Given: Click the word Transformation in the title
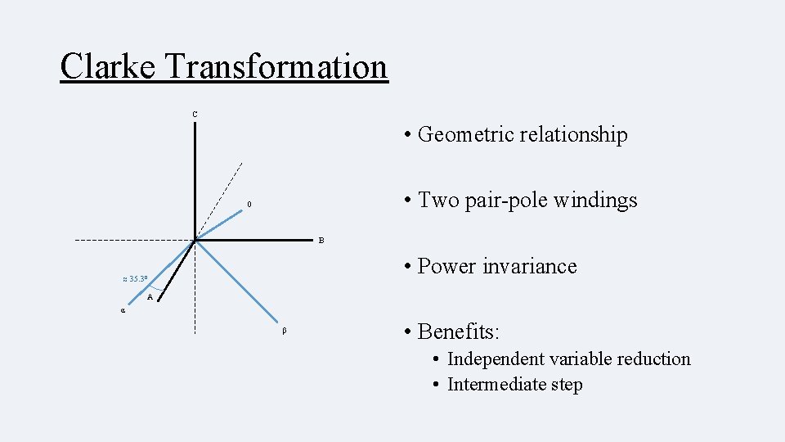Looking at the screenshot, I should pos(276,66).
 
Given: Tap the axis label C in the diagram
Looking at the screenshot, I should pos(195,114).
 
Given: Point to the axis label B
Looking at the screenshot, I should pos(321,241).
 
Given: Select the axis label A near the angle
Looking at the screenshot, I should pos(150,297).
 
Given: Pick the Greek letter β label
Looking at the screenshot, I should pos(284,331).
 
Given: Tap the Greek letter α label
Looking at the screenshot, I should pos(123,311).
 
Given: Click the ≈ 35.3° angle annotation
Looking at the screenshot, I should pos(135,279).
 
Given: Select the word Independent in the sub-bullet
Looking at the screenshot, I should pos(496,359).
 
